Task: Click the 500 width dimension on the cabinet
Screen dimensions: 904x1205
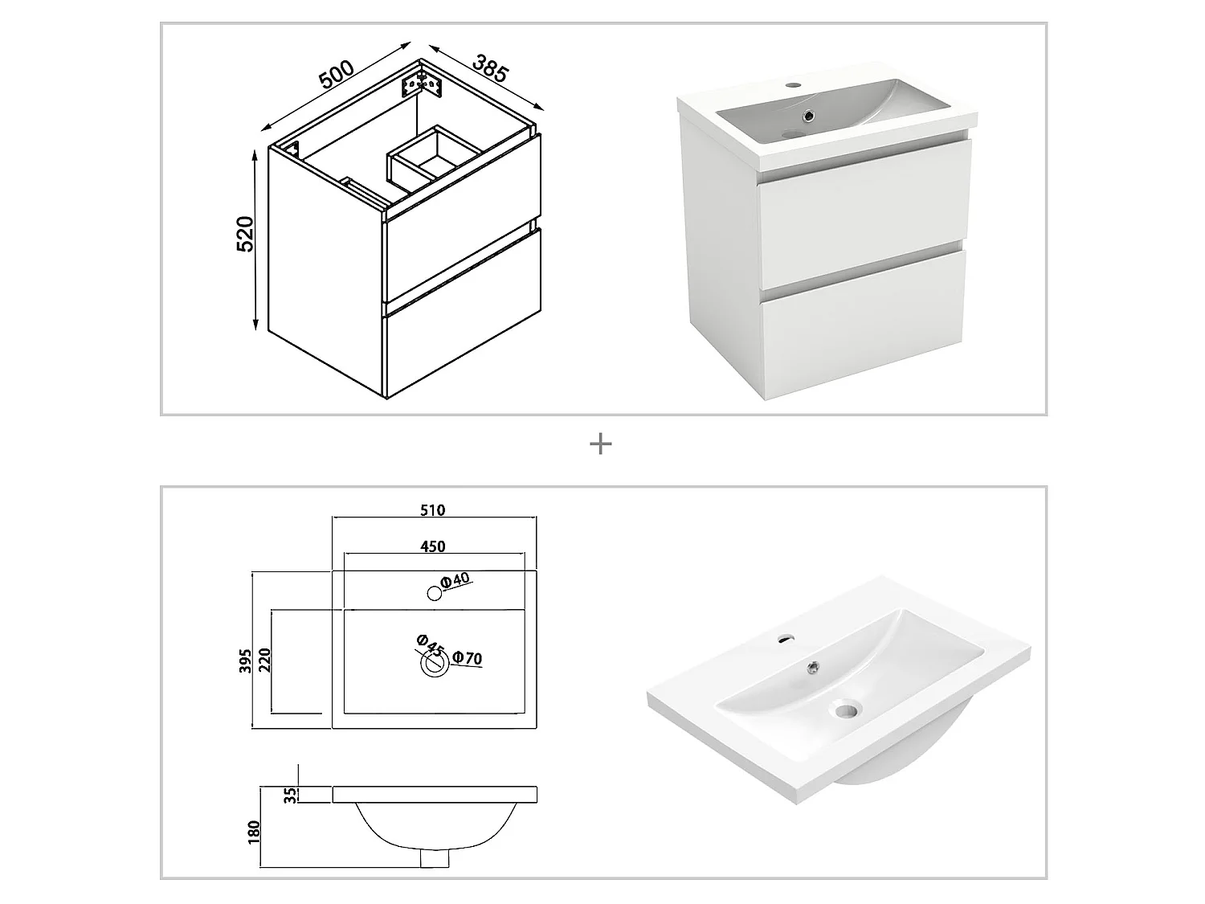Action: [337, 74]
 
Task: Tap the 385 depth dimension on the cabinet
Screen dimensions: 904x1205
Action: [490, 69]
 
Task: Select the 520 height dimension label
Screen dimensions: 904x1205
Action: [245, 234]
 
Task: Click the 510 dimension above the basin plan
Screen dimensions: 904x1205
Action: [432, 509]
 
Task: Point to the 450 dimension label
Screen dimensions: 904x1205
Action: [432, 546]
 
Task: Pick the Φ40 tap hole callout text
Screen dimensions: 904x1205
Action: [455, 581]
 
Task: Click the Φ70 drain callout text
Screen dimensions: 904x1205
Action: [467, 659]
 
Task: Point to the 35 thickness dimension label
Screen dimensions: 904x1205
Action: [292, 795]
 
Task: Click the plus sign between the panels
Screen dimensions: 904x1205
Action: [601, 444]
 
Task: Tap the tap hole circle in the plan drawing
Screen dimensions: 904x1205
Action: [435, 594]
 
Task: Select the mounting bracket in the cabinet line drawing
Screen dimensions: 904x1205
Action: [422, 84]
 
